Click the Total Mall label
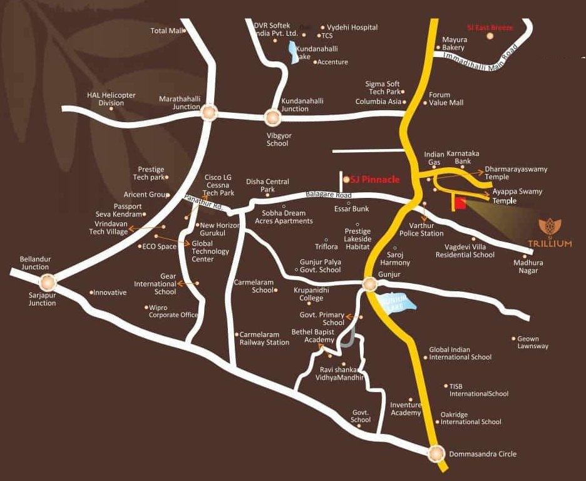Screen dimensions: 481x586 pyautogui.click(x=166, y=31)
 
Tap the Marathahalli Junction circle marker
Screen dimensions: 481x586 pyautogui.click(x=208, y=113)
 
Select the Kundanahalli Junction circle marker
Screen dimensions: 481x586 pyautogui.click(x=272, y=116)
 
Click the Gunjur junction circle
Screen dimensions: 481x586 pyautogui.click(x=369, y=285)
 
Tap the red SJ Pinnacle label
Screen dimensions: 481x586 pyautogui.click(x=374, y=180)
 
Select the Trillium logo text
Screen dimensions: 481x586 pyautogui.click(x=555, y=244)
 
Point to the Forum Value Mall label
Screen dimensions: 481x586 pyautogui.click(x=446, y=99)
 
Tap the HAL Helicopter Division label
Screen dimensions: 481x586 pyautogui.click(x=111, y=99)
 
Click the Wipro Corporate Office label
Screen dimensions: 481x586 pyautogui.click(x=173, y=311)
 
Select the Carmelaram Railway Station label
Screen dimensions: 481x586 pyautogui.click(x=264, y=338)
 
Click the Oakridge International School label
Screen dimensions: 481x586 pyautogui.click(x=471, y=418)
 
